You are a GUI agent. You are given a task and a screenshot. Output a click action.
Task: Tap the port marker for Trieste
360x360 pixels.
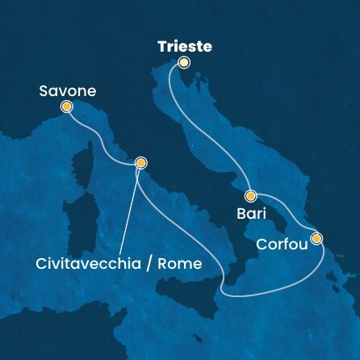(x=184, y=62)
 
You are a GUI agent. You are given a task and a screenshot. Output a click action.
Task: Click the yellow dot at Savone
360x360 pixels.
(x=65, y=106)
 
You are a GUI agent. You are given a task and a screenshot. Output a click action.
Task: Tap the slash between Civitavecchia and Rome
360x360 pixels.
(x=150, y=264)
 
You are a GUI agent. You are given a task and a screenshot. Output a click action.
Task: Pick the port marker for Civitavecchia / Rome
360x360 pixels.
(x=141, y=162)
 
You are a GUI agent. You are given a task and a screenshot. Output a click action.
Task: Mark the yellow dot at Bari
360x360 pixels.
(x=251, y=195)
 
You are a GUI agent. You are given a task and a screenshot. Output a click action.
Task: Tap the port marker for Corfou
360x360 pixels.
(x=316, y=238)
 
